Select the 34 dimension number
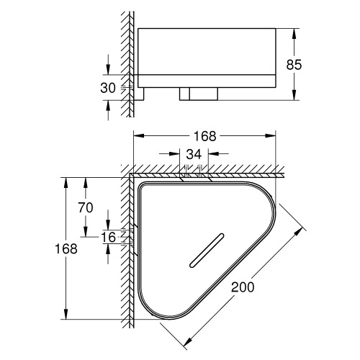click(194, 153)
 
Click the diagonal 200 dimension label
click(243, 287)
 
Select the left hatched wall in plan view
click(129, 252)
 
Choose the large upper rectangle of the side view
click(207, 50)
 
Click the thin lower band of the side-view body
click(207, 80)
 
